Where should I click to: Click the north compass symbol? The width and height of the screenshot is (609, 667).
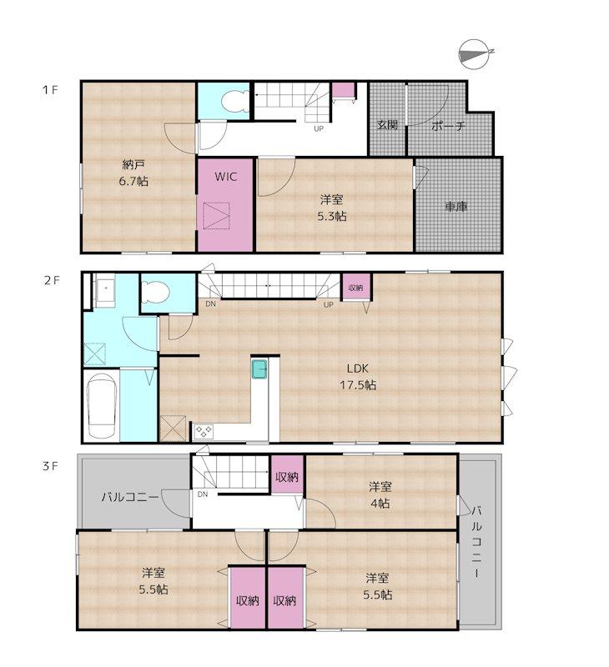[x=475, y=54]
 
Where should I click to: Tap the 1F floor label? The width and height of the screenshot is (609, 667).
[x=50, y=90]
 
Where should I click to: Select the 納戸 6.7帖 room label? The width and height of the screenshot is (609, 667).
[x=133, y=173]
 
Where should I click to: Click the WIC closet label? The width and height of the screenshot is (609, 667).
[x=225, y=177]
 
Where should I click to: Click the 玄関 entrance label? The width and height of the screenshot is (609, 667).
[x=387, y=125]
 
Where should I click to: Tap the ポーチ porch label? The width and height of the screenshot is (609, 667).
[x=448, y=126]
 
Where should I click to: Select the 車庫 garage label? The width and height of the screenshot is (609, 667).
[x=456, y=207]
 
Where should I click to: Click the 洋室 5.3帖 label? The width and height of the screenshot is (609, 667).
[x=332, y=208]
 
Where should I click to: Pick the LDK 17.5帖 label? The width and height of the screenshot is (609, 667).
[x=358, y=377]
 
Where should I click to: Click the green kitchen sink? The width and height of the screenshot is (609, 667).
[x=259, y=369]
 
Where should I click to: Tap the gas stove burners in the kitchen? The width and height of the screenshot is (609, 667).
[x=204, y=432]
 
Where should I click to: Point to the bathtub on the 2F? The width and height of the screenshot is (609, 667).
[x=102, y=406]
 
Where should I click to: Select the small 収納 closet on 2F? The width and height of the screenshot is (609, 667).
[x=356, y=288]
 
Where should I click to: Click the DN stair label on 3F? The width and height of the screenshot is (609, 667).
[x=203, y=494]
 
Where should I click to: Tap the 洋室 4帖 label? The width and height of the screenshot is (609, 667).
[x=380, y=494]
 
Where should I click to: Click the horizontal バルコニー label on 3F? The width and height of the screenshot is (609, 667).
[x=130, y=496]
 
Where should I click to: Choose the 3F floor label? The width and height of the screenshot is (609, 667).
[x=50, y=466]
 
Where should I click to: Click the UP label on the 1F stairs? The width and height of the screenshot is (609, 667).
[x=319, y=128]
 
